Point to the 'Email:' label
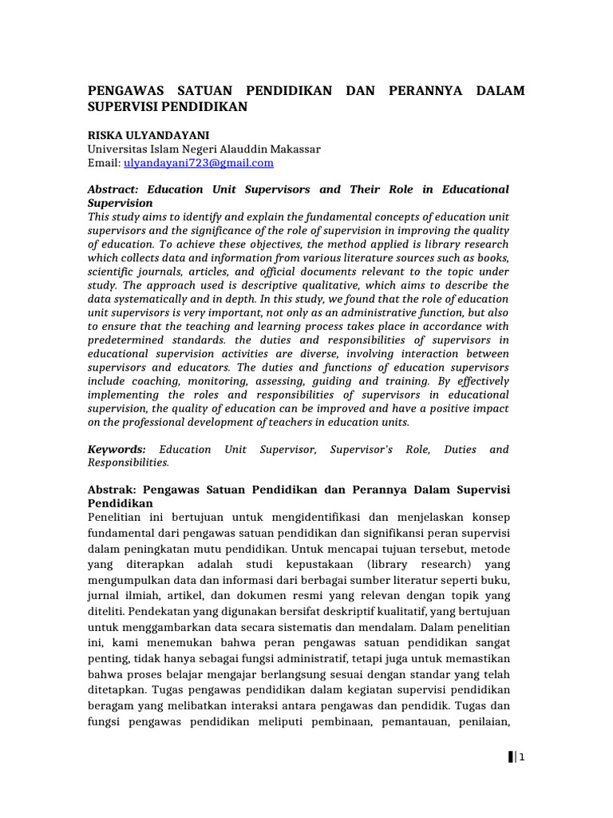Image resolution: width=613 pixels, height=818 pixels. point(103,163)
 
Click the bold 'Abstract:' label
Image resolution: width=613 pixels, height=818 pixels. point(113,190)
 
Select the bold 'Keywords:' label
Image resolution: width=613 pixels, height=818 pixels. point(117,450)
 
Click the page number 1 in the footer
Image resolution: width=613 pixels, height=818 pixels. point(521,758)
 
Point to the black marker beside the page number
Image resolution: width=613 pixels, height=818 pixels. point(510,758)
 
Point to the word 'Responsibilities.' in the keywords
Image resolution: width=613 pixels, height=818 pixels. point(128,463)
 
